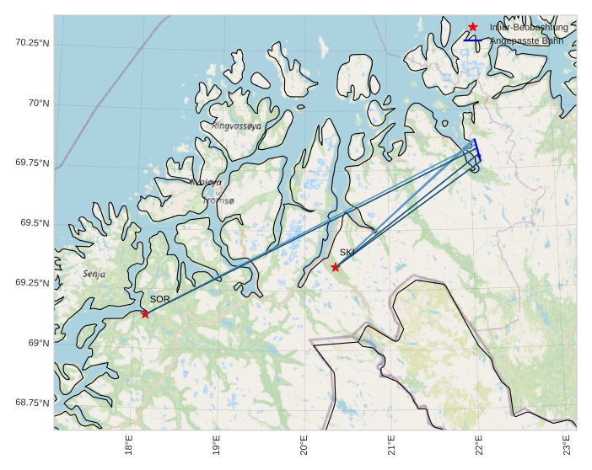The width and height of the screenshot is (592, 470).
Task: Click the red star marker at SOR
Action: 145,314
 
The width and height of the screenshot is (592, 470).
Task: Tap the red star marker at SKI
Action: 336,267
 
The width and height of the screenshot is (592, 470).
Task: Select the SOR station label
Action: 160,299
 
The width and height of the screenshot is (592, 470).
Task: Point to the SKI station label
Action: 347,252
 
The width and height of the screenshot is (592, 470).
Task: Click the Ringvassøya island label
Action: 237,126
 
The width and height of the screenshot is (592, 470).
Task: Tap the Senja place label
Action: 94,274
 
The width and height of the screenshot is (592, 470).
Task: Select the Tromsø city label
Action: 218,200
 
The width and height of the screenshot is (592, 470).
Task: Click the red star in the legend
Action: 473,27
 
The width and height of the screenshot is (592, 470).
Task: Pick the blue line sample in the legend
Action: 473,40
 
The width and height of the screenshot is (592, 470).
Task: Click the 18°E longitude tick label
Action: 129,443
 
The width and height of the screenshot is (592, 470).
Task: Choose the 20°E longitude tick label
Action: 304,443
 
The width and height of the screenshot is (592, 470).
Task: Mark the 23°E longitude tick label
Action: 567,443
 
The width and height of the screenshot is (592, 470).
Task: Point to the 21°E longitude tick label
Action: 392,443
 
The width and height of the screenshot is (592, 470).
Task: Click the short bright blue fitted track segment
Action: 476,149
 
